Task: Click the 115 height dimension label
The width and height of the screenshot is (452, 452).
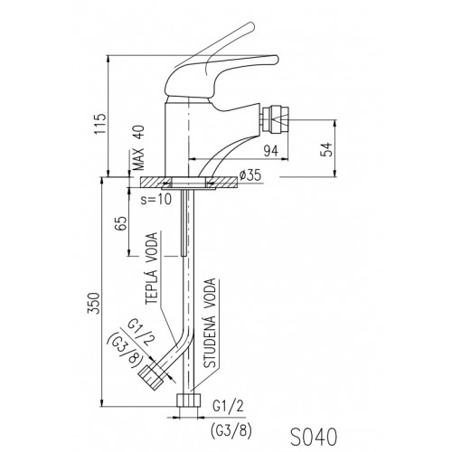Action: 100,124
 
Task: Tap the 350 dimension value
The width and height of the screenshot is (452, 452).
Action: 93,303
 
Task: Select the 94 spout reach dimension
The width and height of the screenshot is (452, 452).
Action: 271,151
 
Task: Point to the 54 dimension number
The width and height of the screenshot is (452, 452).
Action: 327,149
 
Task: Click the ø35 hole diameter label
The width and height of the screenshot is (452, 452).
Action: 250,174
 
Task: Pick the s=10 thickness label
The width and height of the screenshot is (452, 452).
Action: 156,199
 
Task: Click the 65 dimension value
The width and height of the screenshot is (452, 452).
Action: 122,223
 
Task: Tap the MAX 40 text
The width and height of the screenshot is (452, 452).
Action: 138,148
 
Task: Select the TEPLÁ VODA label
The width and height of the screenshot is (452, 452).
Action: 152,268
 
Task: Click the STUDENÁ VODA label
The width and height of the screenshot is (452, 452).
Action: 210,323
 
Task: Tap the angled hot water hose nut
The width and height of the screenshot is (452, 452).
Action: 151,378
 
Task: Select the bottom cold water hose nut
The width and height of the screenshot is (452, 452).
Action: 189,400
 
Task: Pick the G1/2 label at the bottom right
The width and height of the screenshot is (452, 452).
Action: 228,407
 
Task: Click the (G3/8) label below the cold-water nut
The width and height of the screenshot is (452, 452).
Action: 231,431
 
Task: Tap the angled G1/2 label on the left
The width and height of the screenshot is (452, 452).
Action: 141,334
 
